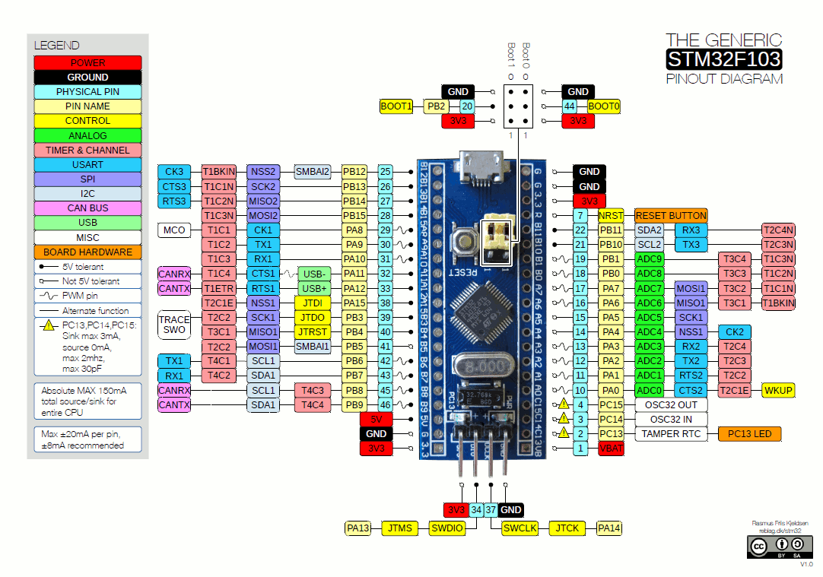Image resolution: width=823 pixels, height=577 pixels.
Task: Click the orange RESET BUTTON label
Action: point(671,215)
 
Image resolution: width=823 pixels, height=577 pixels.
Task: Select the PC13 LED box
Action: point(749,434)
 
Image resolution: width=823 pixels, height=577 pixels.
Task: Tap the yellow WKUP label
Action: point(778,390)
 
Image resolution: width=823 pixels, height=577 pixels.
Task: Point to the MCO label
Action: point(174,230)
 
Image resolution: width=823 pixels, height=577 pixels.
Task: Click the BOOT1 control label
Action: point(396,107)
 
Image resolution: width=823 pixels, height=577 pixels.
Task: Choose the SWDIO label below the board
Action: point(446,528)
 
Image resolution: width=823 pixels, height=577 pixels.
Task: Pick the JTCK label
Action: point(567,528)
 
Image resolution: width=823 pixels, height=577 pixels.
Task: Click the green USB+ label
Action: point(313,288)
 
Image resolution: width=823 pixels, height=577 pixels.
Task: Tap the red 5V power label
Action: point(376,419)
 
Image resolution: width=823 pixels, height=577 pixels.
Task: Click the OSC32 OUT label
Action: point(671,404)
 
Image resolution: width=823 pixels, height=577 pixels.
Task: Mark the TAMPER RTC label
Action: point(671,434)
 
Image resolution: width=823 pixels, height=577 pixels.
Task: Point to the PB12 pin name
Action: point(354,172)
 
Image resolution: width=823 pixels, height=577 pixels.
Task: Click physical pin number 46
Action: point(386,405)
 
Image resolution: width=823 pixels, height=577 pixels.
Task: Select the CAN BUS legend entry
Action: point(87,208)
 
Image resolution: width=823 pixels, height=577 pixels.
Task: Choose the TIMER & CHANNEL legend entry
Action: point(87,151)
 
